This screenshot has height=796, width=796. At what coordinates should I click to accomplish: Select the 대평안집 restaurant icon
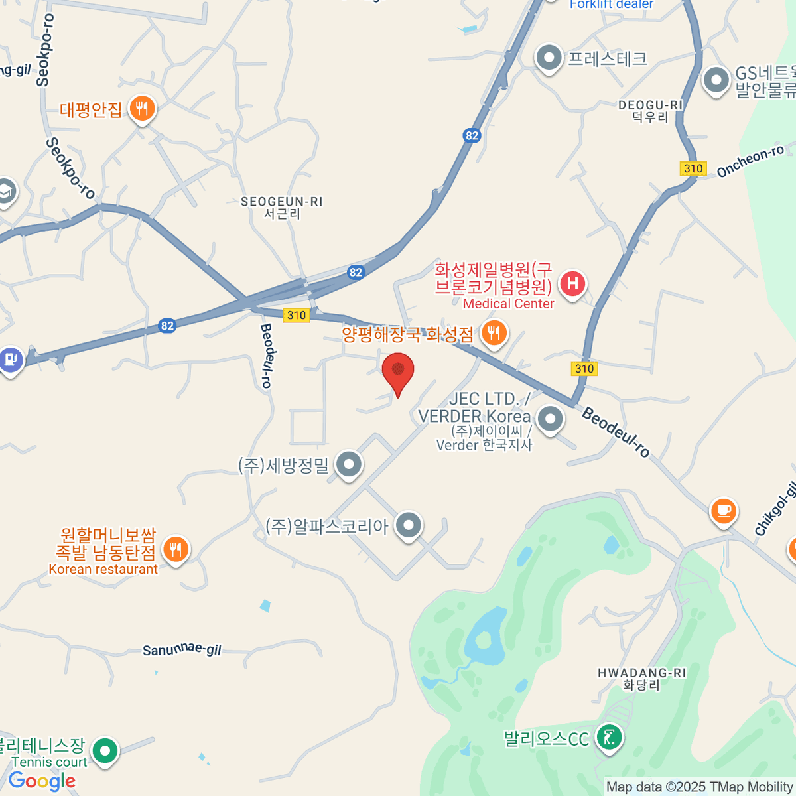point(142,108)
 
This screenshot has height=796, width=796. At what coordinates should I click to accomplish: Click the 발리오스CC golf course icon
point(609,737)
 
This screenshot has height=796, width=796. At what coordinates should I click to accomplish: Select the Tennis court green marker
point(105,751)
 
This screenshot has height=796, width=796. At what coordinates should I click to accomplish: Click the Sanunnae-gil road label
point(182,650)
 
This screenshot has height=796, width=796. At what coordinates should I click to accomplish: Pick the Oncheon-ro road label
point(750,161)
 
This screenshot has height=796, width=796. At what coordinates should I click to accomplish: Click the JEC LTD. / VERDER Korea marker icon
point(550,419)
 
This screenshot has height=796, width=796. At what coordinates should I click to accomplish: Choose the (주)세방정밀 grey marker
point(348,465)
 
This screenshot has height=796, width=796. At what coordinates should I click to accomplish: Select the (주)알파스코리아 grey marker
point(409,525)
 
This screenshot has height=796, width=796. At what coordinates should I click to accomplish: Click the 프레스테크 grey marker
point(549,58)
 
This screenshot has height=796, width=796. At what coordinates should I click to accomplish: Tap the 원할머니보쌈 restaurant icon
point(175,549)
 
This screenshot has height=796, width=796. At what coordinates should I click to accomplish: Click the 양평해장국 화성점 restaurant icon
point(494,333)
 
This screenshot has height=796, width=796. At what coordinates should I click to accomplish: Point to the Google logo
point(42,781)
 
